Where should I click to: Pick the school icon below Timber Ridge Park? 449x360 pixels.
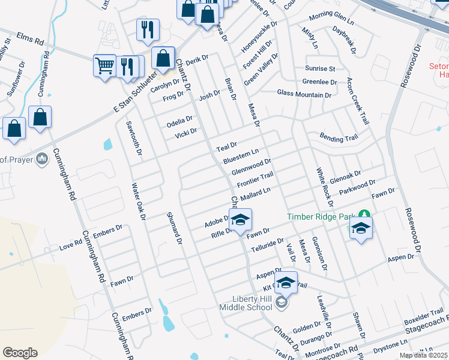(361, 229)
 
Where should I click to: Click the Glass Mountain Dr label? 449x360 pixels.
(304, 95)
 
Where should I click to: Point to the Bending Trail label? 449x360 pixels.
(339, 138)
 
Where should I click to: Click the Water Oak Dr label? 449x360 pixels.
(139, 202)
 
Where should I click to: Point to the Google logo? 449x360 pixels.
(20, 352)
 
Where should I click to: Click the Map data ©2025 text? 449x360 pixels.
(423, 355)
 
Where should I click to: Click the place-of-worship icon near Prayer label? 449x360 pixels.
(41, 159)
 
